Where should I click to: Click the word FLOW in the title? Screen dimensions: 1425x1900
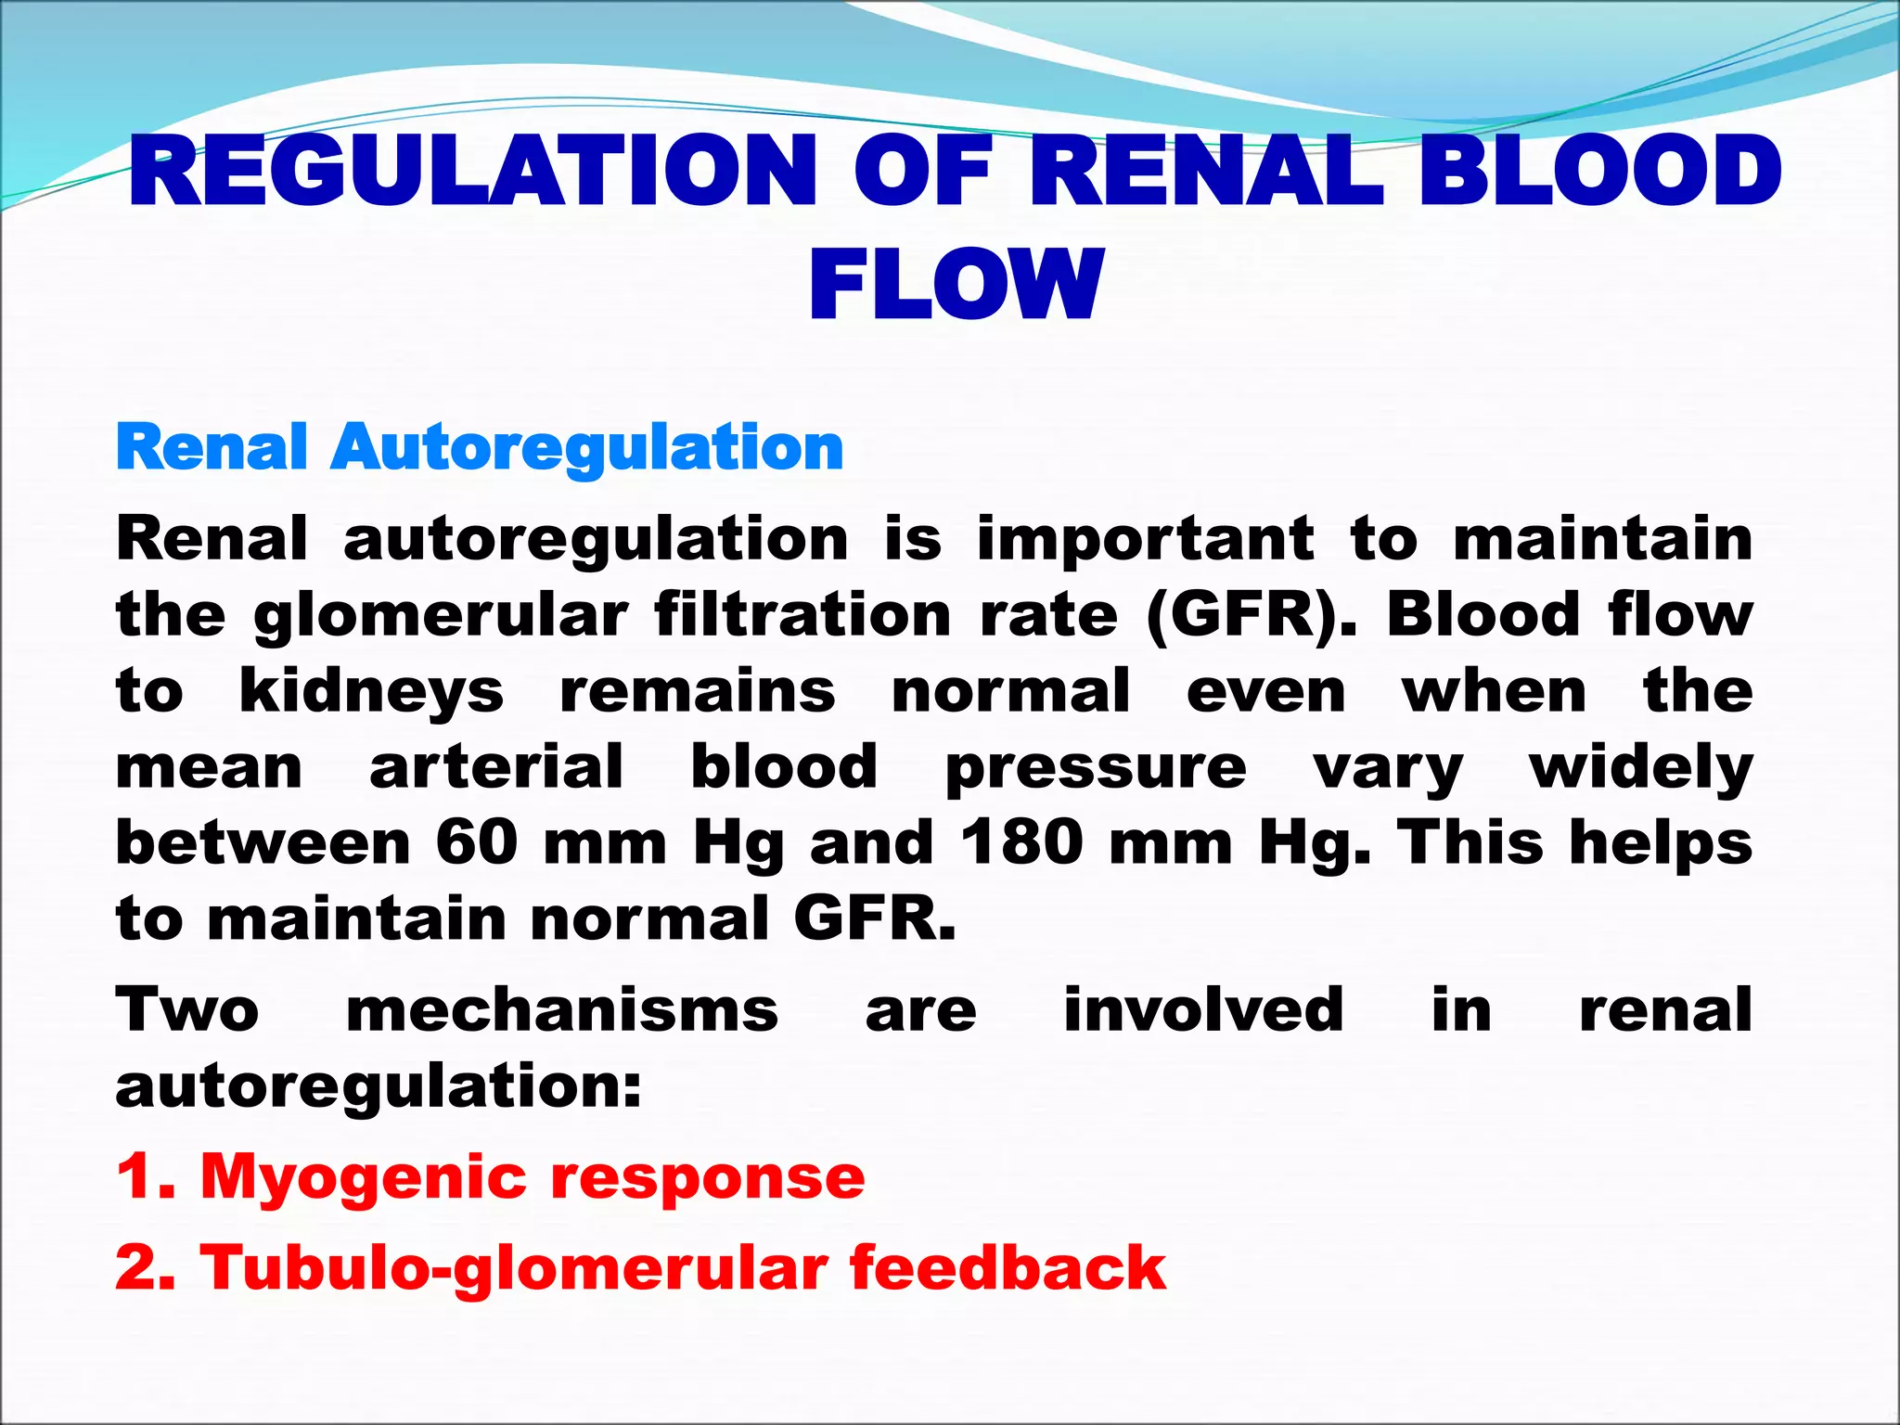click(x=956, y=285)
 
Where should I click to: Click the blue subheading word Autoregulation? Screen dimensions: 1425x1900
click(x=586, y=447)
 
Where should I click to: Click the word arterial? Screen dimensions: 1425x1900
click(x=496, y=767)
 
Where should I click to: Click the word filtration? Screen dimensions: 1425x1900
click(x=802, y=615)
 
